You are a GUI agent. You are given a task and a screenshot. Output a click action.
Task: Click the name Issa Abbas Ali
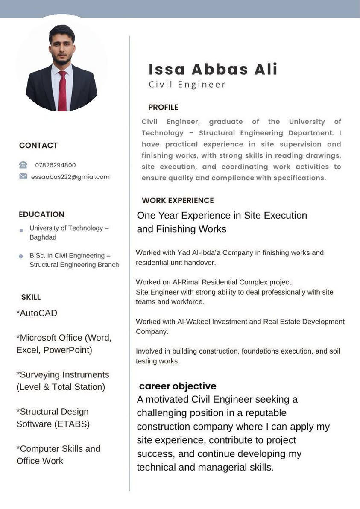[x=213, y=69]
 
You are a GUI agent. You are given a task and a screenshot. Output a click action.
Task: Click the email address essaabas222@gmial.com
[x=70, y=176]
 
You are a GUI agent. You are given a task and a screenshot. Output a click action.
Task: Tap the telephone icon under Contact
[x=23, y=165]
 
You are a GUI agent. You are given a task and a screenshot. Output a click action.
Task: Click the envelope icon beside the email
[x=23, y=176]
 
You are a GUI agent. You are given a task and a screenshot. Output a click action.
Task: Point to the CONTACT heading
[x=38, y=146]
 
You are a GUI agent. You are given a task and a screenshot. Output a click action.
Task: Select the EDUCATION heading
[x=41, y=214]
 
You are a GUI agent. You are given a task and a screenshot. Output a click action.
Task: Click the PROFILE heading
[x=163, y=107]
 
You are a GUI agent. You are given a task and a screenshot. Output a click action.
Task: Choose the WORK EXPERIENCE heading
[x=178, y=200]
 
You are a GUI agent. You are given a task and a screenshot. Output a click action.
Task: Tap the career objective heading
[x=178, y=386]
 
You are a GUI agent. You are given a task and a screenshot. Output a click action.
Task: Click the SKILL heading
[x=31, y=297]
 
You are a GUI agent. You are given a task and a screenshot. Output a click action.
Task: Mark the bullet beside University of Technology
[x=21, y=231]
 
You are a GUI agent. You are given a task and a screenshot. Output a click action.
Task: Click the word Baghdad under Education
[x=43, y=237]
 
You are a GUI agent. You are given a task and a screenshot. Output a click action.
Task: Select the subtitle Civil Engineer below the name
[x=187, y=85]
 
